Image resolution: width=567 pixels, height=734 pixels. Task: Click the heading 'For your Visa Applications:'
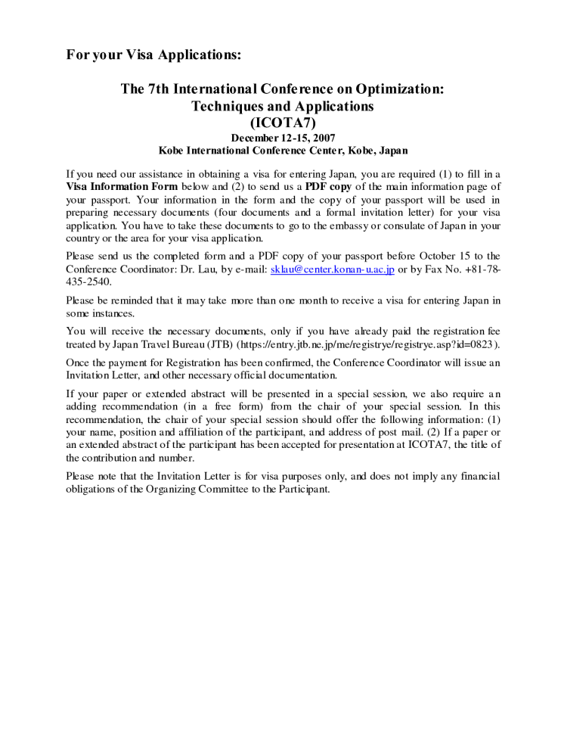click(x=153, y=54)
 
